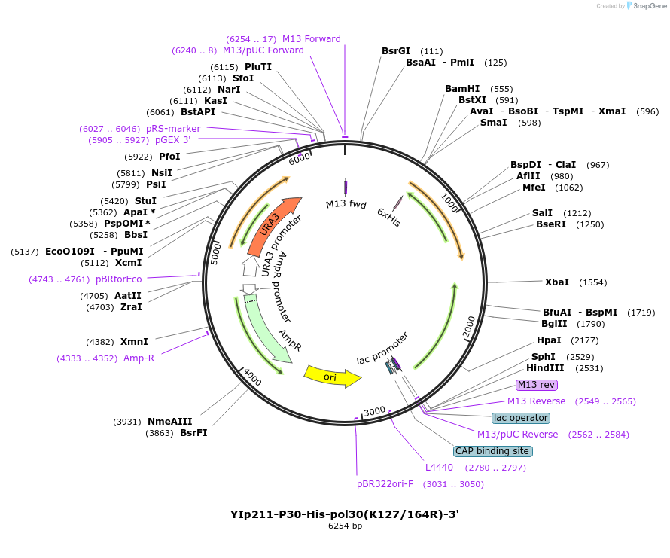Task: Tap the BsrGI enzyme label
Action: click(396, 51)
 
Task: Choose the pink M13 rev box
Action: click(537, 385)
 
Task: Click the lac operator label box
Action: click(521, 418)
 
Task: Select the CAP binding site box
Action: click(493, 451)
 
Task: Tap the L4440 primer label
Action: click(439, 468)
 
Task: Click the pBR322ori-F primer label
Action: click(385, 484)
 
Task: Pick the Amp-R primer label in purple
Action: click(139, 358)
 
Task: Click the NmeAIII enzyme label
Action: click(169, 422)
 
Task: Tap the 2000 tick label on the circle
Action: click(468, 328)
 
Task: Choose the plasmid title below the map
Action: click(345, 515)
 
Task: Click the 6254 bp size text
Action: click(345, 526)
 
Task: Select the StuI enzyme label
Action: click(145, 201)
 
